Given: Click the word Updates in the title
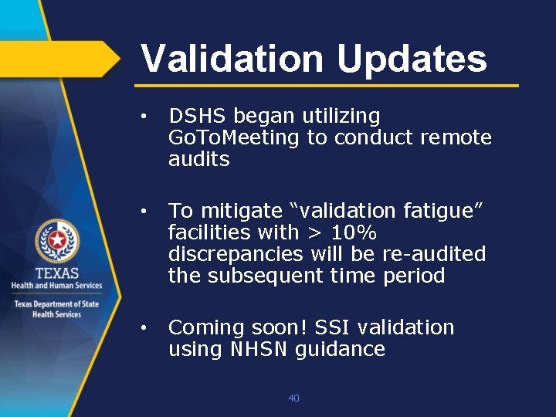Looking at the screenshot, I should coord(412,59).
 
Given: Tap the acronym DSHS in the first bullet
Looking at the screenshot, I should coord(198,116).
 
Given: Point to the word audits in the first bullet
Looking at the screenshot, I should coord(199,159).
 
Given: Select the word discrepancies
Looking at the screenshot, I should coord(236,253).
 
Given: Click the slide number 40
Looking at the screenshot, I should coord(293,398).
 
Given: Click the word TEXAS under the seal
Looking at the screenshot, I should coord(56,273).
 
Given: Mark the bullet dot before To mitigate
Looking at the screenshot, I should coord(144,211).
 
